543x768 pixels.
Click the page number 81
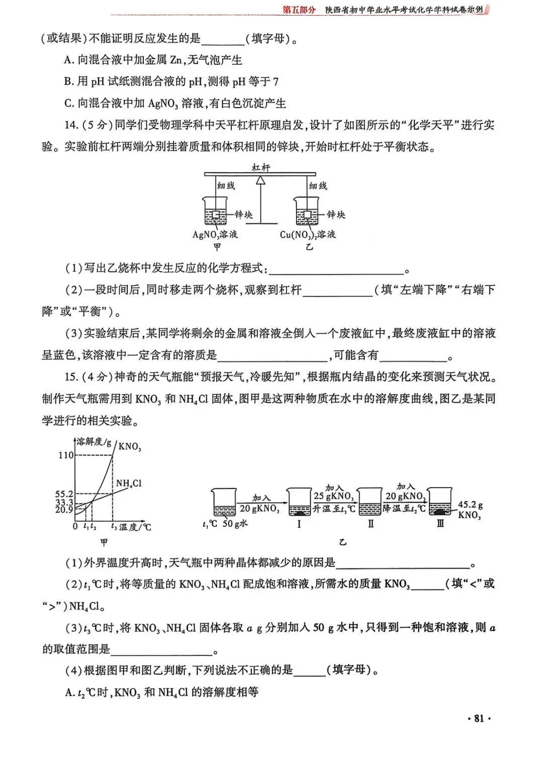(479, 718)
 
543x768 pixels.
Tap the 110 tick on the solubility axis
(66, 455)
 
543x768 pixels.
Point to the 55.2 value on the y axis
(64, 494)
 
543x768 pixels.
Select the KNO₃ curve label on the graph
(129, 446)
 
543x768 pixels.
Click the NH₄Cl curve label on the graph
(129, 483)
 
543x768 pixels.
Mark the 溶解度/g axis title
(94, 442)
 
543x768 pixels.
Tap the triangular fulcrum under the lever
(260, 181)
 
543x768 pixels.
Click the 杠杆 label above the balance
(260, 167)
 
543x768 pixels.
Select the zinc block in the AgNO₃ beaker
(216, 215)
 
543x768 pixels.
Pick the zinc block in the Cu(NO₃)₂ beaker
(307, 215)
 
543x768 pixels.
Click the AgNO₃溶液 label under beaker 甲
(215, 235)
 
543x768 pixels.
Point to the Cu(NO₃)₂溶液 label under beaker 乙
(308, 235)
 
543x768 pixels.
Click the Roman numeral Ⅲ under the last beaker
(440, 524)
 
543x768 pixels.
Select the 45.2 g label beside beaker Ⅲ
(470, 505)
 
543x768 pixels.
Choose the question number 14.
(71, 125)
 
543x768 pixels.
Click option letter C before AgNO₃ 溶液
(69, 104)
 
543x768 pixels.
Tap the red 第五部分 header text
(299, 10)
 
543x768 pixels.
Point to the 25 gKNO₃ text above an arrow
(333, 496)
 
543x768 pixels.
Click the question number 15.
(71, 377)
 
